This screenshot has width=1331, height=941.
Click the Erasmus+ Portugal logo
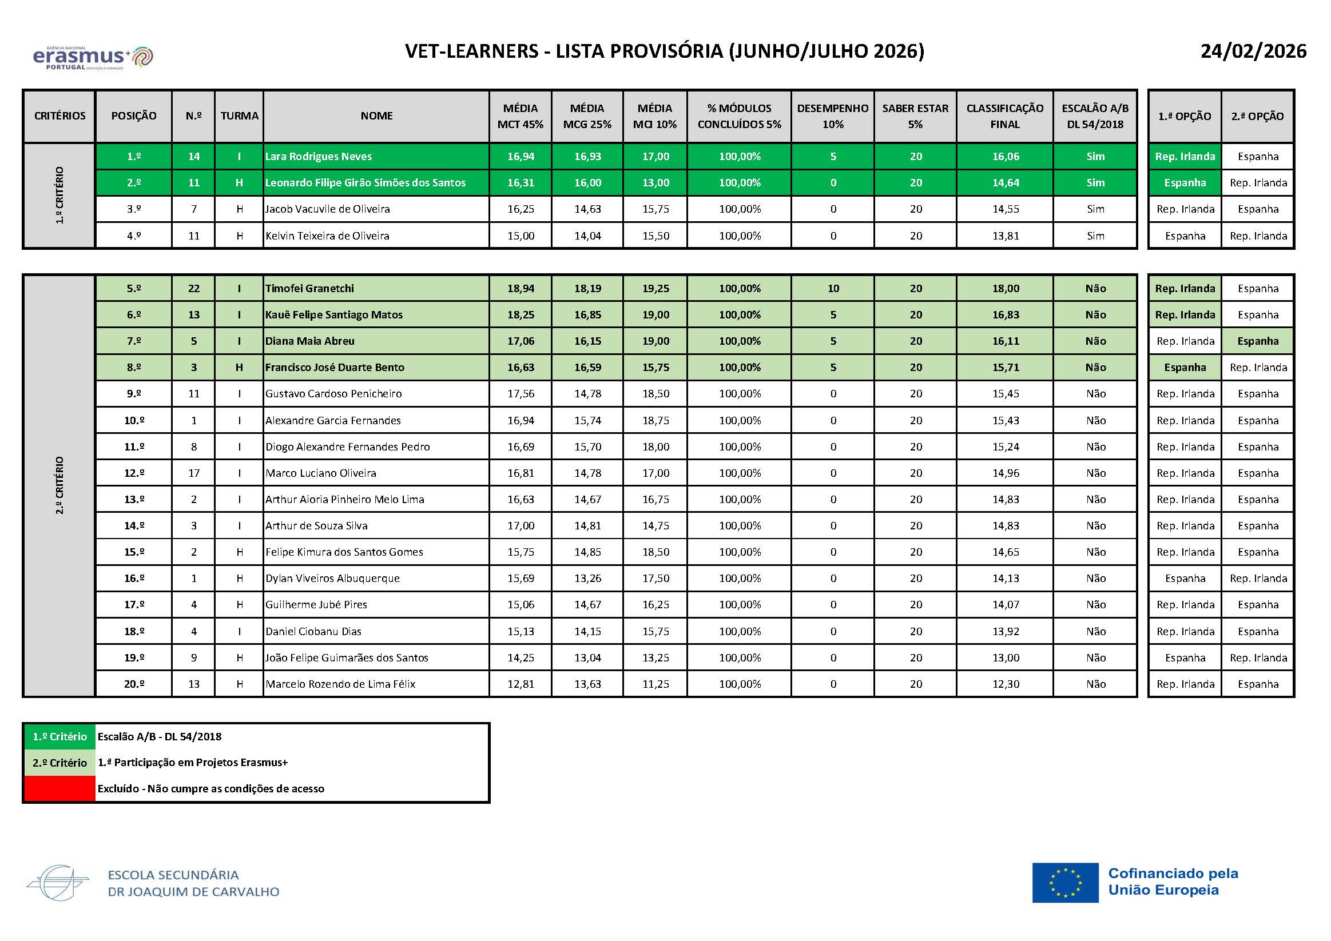(93, 57)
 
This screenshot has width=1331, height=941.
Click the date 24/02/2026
(1253, 51)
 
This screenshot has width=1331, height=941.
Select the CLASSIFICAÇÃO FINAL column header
(1004, 116)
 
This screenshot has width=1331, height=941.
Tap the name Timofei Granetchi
(309, 289)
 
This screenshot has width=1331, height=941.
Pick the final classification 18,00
(1005, 289)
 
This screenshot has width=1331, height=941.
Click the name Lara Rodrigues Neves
(318, 157)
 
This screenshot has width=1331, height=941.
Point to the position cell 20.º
(134, 684)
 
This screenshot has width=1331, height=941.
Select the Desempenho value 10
(833, 289)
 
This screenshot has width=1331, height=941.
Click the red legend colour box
(59, 788)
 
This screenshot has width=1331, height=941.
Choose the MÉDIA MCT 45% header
(520, 116)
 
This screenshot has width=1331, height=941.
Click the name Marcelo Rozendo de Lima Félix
(340, 684)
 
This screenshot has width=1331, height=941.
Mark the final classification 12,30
(1005, 684)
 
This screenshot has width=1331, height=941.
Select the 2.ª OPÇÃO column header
(1257, 117)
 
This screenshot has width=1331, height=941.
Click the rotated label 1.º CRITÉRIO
(59, 196)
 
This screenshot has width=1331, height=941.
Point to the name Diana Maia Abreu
(309, 341)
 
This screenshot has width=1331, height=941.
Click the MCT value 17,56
(521, 394)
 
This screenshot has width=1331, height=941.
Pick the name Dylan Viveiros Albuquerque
(332, 579)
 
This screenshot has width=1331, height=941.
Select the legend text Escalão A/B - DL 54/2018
(160, 737)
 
